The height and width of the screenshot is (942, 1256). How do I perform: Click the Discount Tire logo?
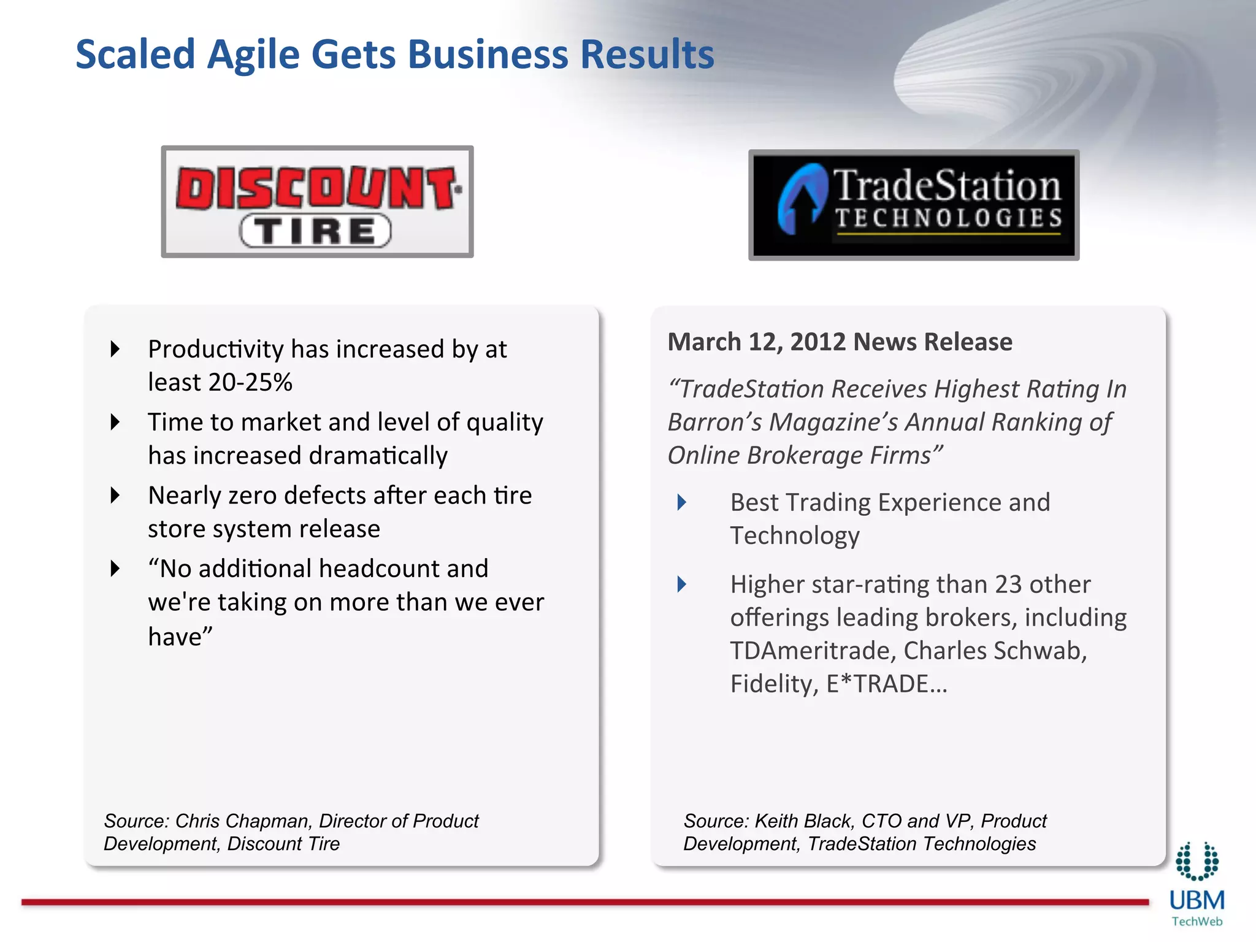coord(317,202)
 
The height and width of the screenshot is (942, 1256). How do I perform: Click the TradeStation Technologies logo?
coord(914,205)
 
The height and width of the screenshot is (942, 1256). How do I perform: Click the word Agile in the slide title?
coord(253,55)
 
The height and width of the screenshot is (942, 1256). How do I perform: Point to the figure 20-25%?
coord(250,383)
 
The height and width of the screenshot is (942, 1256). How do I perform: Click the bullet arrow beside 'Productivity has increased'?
coord(115,349)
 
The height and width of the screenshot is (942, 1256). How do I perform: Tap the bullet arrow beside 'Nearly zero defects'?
coord(115,495)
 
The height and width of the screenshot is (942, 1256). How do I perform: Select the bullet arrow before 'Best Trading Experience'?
coord(681,502)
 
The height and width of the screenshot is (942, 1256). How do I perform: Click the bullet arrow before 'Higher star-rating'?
coord(681,584)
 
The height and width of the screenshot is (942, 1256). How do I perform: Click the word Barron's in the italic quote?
coord(714,423)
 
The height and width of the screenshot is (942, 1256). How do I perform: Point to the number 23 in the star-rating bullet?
coord(1008,584)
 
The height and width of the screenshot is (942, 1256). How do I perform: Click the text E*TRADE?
coord(886,684)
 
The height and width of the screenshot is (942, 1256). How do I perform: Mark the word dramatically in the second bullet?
coord(378,456)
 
